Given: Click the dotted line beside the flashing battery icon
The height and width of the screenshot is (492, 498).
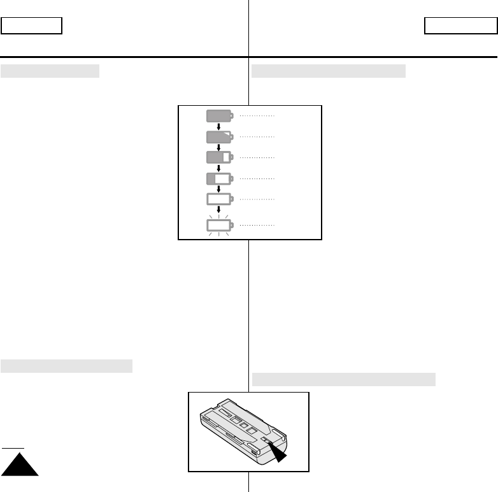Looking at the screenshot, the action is [x=257, y=226].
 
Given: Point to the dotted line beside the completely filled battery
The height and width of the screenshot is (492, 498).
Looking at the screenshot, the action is [x=257, y=116].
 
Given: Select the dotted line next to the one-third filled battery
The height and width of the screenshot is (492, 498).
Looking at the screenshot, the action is [x=257, y=178].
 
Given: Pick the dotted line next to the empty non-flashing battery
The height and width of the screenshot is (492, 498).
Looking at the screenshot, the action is [x=257, y=199].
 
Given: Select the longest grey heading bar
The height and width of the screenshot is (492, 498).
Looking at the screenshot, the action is [x=344, y=380].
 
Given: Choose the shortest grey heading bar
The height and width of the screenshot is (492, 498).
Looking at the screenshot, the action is [x=50, y=71].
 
